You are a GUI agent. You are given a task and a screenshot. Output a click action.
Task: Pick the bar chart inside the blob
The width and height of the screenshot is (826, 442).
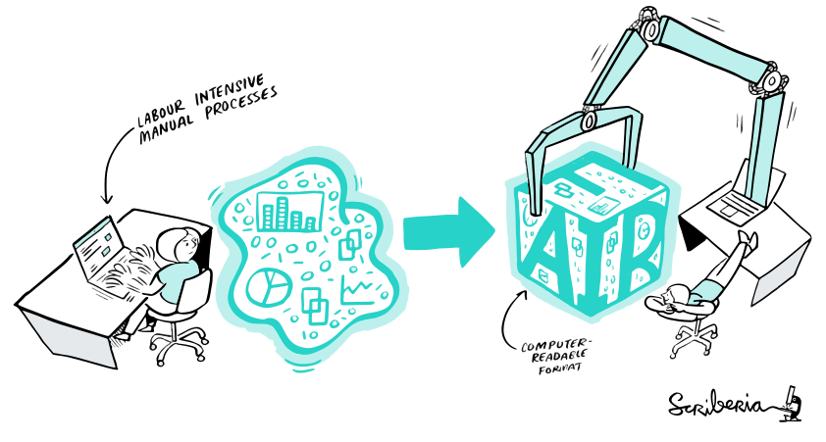(x=288, y=209)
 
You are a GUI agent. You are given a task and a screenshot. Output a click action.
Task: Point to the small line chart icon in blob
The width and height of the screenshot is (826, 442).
(x=357, y=290)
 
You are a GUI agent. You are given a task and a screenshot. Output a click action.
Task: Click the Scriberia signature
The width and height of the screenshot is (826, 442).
(x=722, y=405)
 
